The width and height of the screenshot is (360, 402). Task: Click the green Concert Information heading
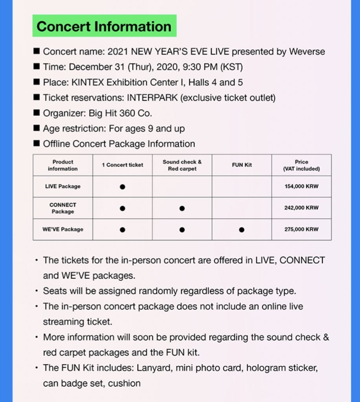pyautogui.click(x=104, y=26)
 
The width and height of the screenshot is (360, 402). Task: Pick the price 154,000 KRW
pyautogui.click(x=301, y=186)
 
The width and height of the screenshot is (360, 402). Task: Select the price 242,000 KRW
pyautogui.click(x=301, y=208)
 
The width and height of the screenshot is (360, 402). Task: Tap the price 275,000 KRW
pyautogui.click(x=301, y=230)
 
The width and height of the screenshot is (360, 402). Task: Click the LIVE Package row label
pyautogui.click(x=63, y=186)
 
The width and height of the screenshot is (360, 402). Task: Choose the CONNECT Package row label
pyautogui.click(x=63, y=208)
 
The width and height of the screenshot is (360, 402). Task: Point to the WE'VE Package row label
pyautogui.click(x=63, y=230)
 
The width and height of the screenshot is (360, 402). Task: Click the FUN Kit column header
pyautogui.click(x=241, y=165)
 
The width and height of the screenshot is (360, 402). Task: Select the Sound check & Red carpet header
pyautogui.click(x=182, y=165)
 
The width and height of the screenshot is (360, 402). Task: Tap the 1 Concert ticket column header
pyautogui.click(x=122, y=165)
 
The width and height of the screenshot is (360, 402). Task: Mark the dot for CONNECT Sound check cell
pyautogui.click(x=182, y=208)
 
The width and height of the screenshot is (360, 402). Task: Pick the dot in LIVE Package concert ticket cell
pyautogui.click(x=122, y=187)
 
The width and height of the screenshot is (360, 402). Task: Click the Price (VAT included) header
pyautogui.click(x=301, y=165)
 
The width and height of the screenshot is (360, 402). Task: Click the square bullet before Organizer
pyautogui.click(x=37, y=113)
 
